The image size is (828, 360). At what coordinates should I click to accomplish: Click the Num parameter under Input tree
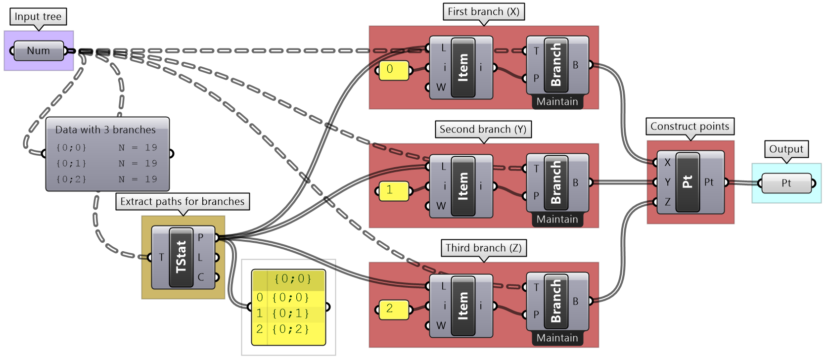[39, 50]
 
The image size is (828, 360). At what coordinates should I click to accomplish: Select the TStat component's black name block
[181, 257]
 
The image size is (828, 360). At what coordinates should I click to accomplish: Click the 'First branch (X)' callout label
[483, 11]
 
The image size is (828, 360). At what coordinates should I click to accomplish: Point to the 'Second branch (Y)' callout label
[483, 129]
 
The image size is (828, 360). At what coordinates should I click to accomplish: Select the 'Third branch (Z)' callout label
[483, 248]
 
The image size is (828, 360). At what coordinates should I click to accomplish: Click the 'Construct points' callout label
[690, 126]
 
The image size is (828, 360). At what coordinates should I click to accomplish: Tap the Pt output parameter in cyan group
[786, 183]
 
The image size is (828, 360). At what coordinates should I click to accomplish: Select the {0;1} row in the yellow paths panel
[290, 313]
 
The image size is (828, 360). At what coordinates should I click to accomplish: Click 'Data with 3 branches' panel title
[105, 130]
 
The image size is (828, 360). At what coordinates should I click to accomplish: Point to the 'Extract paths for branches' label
[183, 201]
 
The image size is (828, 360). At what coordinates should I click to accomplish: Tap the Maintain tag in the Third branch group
[557, 338]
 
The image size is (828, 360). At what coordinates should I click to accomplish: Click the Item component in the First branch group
[463, 68]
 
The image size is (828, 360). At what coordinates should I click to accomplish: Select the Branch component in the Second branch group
[556, 182]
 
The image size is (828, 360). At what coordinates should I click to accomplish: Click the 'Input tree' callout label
[38, 16]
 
